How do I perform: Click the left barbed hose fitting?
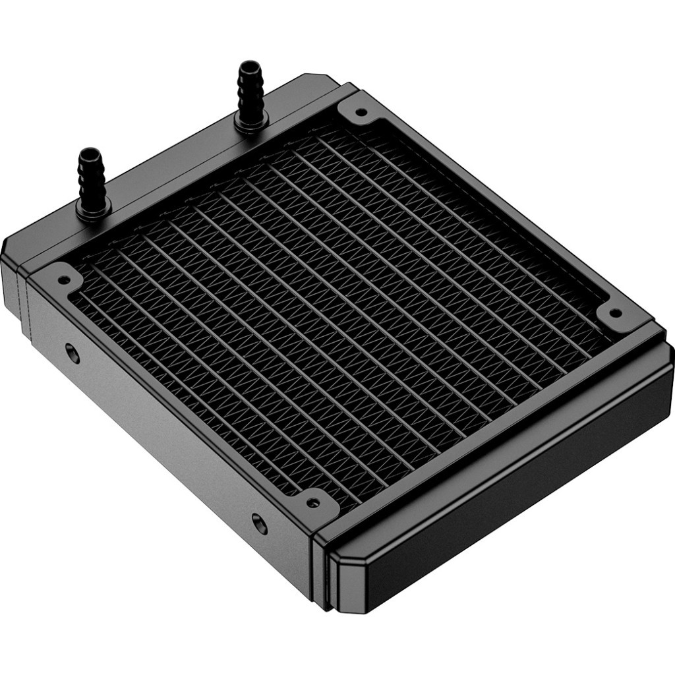pos(91,178)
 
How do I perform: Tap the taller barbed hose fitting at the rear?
pos(250,92)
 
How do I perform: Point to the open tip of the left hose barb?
pos(88,153)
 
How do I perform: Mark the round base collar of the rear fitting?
pos(252,123)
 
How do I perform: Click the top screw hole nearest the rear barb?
pos(360,112)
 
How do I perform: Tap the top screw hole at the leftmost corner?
pos(64,279)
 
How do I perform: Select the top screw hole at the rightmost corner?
pos(614,313)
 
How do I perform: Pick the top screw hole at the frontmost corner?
pos(313,503)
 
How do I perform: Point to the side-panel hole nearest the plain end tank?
pos(260,524)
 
